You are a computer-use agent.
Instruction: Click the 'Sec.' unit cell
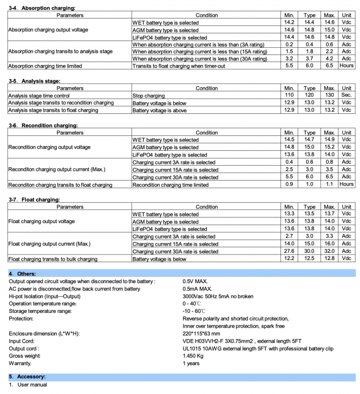point(347,95)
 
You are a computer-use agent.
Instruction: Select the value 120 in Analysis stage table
point(310,95)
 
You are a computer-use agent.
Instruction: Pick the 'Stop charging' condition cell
point(148,95)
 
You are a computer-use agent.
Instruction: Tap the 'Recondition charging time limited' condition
point(170,185)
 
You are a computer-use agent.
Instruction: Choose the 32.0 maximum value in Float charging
point(330,251)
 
